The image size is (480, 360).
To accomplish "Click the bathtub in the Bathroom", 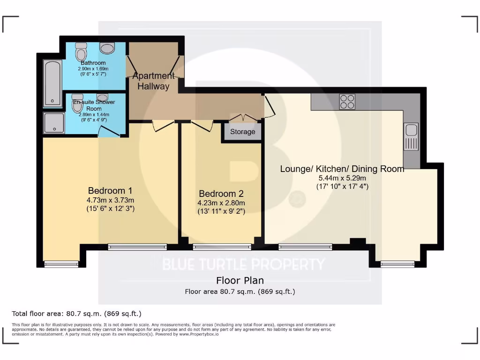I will pos(52,83).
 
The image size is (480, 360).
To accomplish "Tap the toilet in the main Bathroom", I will pos(82,50).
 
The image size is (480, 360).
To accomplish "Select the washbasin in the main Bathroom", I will pos(107,48).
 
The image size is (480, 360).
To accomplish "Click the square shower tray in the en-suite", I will pos(54,123).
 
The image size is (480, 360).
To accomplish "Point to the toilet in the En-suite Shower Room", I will pos(77,104).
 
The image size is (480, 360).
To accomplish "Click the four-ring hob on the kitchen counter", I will pos(347,102).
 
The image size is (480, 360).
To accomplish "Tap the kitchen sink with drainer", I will pos(411,137).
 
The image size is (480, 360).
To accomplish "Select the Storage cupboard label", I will pos(242,132).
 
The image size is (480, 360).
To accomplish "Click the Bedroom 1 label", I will pos(110,190).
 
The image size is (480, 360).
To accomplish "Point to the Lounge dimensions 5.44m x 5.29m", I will pos(342,178).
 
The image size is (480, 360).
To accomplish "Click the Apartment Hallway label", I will pos(154,81).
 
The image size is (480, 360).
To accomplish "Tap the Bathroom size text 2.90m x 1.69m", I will pos(93,68).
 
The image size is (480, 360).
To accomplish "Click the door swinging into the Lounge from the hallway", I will pos(270,107).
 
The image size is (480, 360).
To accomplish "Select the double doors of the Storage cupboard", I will pos(243,117).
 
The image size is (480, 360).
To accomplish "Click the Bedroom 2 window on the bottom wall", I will pos(222,247).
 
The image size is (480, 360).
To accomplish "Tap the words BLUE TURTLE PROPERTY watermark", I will pos(243,264).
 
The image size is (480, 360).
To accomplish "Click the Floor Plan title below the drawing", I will pos(240,281).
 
